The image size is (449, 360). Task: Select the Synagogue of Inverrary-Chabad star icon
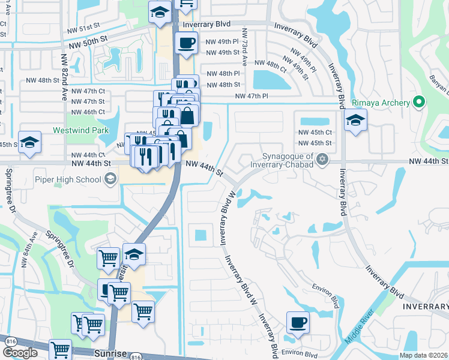(x=323, y=158)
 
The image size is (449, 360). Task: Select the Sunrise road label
(x=110, y=353)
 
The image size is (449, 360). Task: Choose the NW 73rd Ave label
(x=244, y=46)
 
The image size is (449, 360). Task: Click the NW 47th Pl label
(x=251, y=96)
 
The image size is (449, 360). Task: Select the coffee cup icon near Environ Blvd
(x=298, y=322)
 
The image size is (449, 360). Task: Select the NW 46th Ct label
(x=88, y=112)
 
